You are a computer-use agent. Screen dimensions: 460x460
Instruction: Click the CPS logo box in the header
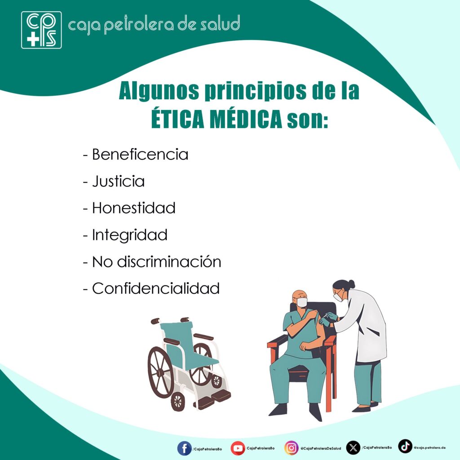(x=41, y=30)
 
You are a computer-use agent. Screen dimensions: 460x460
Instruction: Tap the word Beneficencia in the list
(x=140, y=155)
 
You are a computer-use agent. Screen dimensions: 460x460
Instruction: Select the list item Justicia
(x=118, y=181)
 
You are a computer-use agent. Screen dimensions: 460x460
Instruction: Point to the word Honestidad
(x=134, y=208)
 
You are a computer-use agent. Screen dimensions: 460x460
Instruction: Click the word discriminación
(x=169, y=261)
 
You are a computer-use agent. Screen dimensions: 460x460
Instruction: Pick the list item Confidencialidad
(x=156, y=288)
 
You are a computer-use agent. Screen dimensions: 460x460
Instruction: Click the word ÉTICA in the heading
(x=177, y=119)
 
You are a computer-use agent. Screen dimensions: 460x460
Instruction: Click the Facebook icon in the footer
(x=185, y=449)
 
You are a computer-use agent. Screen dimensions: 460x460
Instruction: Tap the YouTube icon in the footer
(x=238, y=448)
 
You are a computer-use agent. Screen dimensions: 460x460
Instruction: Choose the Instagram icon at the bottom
(x=291, y=448)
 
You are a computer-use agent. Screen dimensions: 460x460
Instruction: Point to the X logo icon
(x=353, y=448)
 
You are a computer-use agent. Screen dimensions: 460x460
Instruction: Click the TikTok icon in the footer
(x=405, y=446)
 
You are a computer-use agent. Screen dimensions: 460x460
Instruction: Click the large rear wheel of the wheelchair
(x=160, y=372)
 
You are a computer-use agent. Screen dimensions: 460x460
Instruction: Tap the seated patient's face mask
(x=302, y=302)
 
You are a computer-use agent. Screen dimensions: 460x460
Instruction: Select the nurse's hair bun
(x=351, y=284)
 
